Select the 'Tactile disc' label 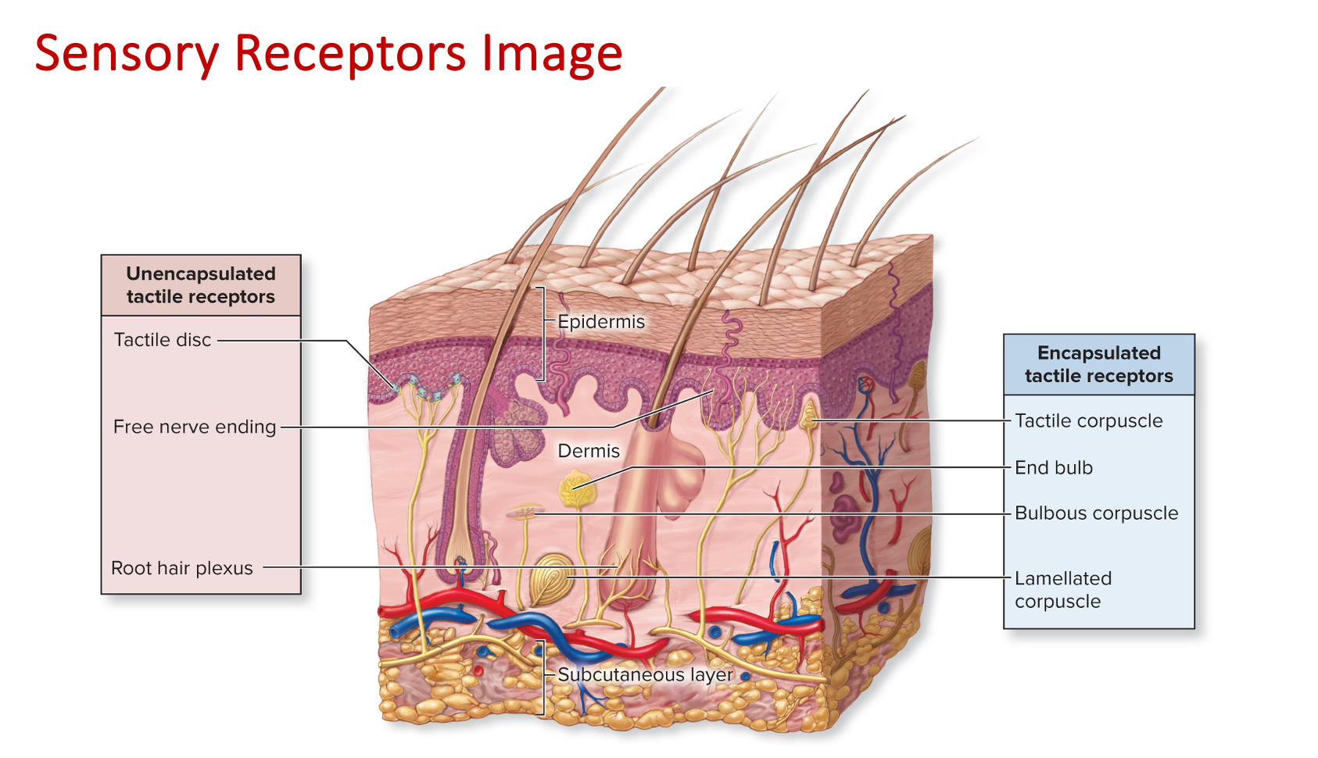click(x=163, y=340)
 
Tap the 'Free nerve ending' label click(x=195, y=427)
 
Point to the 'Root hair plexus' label click(x=182, y=568)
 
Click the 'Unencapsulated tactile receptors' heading click(x=201, y=285)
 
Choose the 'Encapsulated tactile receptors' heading click(x=1098, y=364)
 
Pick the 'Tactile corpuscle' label click(x=1088, y=420)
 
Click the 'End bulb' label click(x=1053, y=467)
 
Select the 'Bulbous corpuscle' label click(x=1096, y=513)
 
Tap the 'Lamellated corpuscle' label click(x=1062, y=590)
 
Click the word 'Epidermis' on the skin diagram click(x=601, y=322)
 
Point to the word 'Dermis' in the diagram click(x=588, y=451)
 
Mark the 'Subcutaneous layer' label click(x=645, y=674)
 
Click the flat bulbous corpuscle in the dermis click(x=524, y=513)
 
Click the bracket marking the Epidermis click(x=541, y=334)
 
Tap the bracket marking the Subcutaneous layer click(x=541, y=678)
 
